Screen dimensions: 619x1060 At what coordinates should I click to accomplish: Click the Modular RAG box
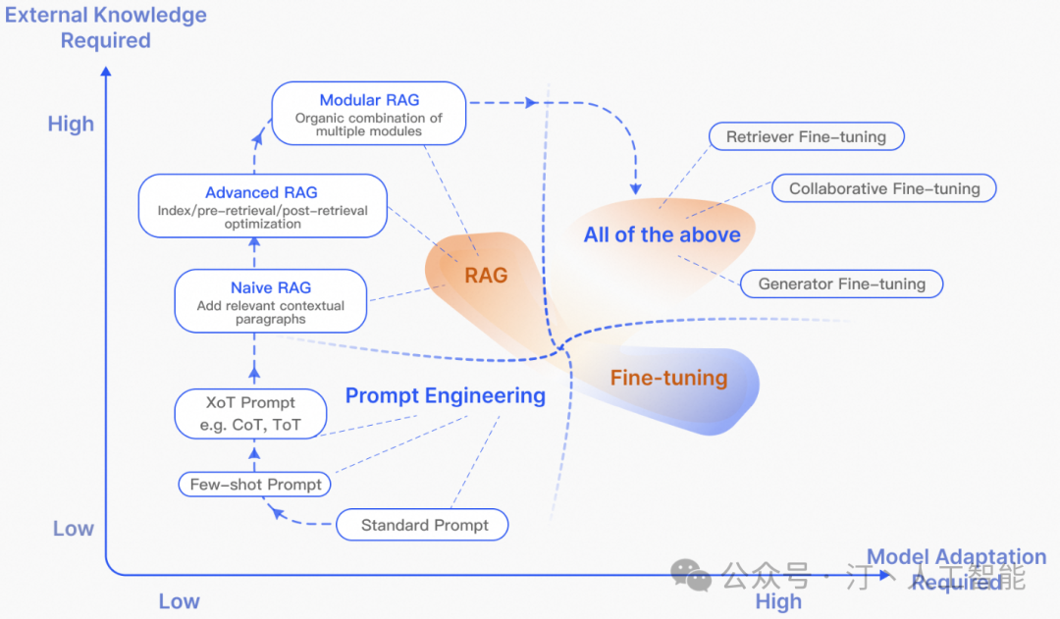pos(368,114)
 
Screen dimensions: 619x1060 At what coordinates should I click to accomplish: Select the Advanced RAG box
pos(262,206)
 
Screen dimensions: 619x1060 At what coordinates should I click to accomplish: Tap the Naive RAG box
pos(271,302)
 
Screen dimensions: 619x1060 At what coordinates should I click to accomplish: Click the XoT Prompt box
pos(250,414)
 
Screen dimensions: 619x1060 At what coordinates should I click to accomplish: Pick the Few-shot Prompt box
pos(254,485)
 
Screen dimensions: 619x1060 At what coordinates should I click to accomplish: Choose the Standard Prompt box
pos(424,525)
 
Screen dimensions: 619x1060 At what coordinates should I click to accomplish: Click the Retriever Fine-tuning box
pos(806,137)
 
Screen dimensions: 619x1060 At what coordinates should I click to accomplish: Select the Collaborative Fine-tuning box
pos(884,188)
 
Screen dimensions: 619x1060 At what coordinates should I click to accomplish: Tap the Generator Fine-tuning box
pos(841,284)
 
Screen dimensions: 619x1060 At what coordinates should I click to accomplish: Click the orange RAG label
pos(486,276)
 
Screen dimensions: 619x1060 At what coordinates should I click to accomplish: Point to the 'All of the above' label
pos(662,234)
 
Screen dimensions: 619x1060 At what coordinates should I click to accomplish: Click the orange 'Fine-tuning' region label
pos(668,378)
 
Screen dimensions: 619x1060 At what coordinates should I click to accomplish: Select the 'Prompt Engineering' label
pos(445,396)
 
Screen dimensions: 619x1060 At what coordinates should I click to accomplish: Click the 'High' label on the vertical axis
pos(72,125)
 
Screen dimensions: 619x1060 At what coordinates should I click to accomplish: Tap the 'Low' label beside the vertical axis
pos(74,529)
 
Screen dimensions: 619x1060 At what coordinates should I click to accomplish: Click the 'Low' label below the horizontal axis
pos(179,601)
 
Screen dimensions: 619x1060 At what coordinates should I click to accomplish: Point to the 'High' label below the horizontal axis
pos(778,601)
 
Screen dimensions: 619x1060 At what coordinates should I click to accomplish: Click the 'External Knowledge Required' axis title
pos(106,27)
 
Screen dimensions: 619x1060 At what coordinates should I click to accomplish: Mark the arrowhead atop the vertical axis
pos(106,70)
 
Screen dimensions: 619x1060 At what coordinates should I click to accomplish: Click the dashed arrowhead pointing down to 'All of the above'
pos(635,186)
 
